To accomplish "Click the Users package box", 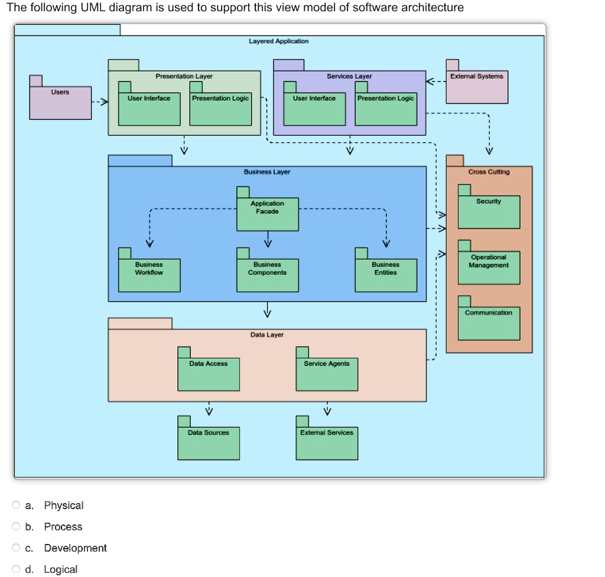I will [61, 103].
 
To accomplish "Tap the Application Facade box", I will [267, 214].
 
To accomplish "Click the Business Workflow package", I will [149, 275].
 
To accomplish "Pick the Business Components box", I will [267, 275].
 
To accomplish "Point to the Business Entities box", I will [385, 275].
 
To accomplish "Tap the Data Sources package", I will [209, 443].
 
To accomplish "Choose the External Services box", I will [327, 443].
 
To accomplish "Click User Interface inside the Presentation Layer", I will [149, 109].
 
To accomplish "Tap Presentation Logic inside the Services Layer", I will [385, 109].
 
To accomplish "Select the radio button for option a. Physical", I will [16, 506].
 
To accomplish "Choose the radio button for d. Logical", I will [16, 569].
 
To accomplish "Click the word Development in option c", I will [75, 548].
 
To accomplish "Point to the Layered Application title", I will [278, 41].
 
